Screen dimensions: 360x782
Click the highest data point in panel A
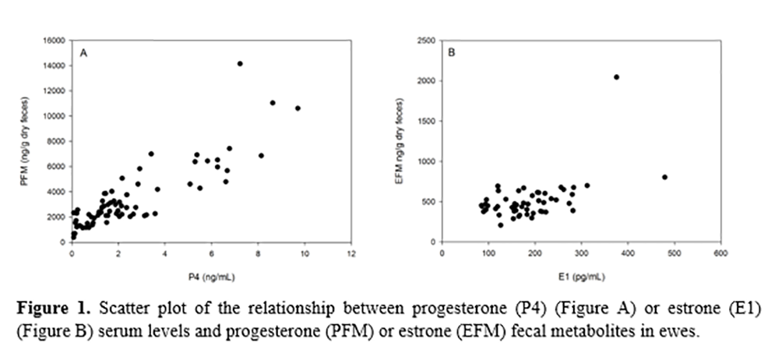pyautogui.click(x=239, y=64)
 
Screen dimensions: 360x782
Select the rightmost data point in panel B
pyautogui.click(x=664, y=177)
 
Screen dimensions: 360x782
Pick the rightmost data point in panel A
pyautogui.click(x=298, y=108)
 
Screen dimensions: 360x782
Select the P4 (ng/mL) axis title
pyautogui.click(x=211, y=276)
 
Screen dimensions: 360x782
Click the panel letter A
pyautogui.click(x=83, y=54)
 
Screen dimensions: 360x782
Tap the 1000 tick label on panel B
pyautogui.click(x=429, y=161)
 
